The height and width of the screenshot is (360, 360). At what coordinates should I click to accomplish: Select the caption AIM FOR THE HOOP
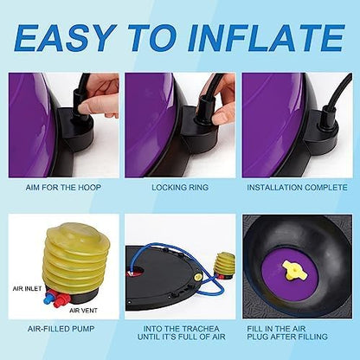63,188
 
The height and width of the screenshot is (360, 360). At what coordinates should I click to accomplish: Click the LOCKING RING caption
180,188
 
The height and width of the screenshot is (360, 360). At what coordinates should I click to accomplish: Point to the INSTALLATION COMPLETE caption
297,188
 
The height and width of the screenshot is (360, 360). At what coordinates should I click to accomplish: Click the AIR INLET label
27,288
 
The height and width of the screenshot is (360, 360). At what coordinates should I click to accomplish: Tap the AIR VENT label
83,311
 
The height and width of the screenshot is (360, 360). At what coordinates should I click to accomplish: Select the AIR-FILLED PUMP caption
61,329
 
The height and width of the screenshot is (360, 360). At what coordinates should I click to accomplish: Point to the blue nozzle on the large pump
49,299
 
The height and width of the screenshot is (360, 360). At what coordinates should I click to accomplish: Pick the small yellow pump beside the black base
224,265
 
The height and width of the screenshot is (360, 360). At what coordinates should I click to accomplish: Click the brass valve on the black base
198,278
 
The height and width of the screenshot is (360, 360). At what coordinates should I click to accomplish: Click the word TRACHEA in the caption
202,329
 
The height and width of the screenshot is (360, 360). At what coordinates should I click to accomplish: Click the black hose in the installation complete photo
338,92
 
